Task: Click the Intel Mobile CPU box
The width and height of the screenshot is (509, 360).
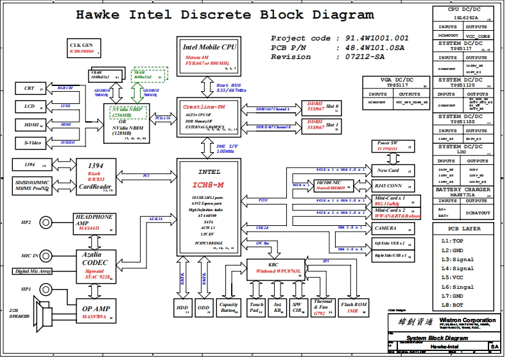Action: [x=210, y=55]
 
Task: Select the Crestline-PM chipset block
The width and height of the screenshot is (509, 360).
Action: [x=210, y=117]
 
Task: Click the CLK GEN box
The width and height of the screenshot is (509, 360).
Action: [x=82, y=47]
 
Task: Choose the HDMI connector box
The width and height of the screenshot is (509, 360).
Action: [x=30, y=124]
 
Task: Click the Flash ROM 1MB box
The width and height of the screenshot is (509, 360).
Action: [x=354, y=307]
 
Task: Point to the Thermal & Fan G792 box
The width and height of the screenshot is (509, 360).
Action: [x=322, y=307]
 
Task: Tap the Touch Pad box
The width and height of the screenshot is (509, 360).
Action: [x=257, y=307]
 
